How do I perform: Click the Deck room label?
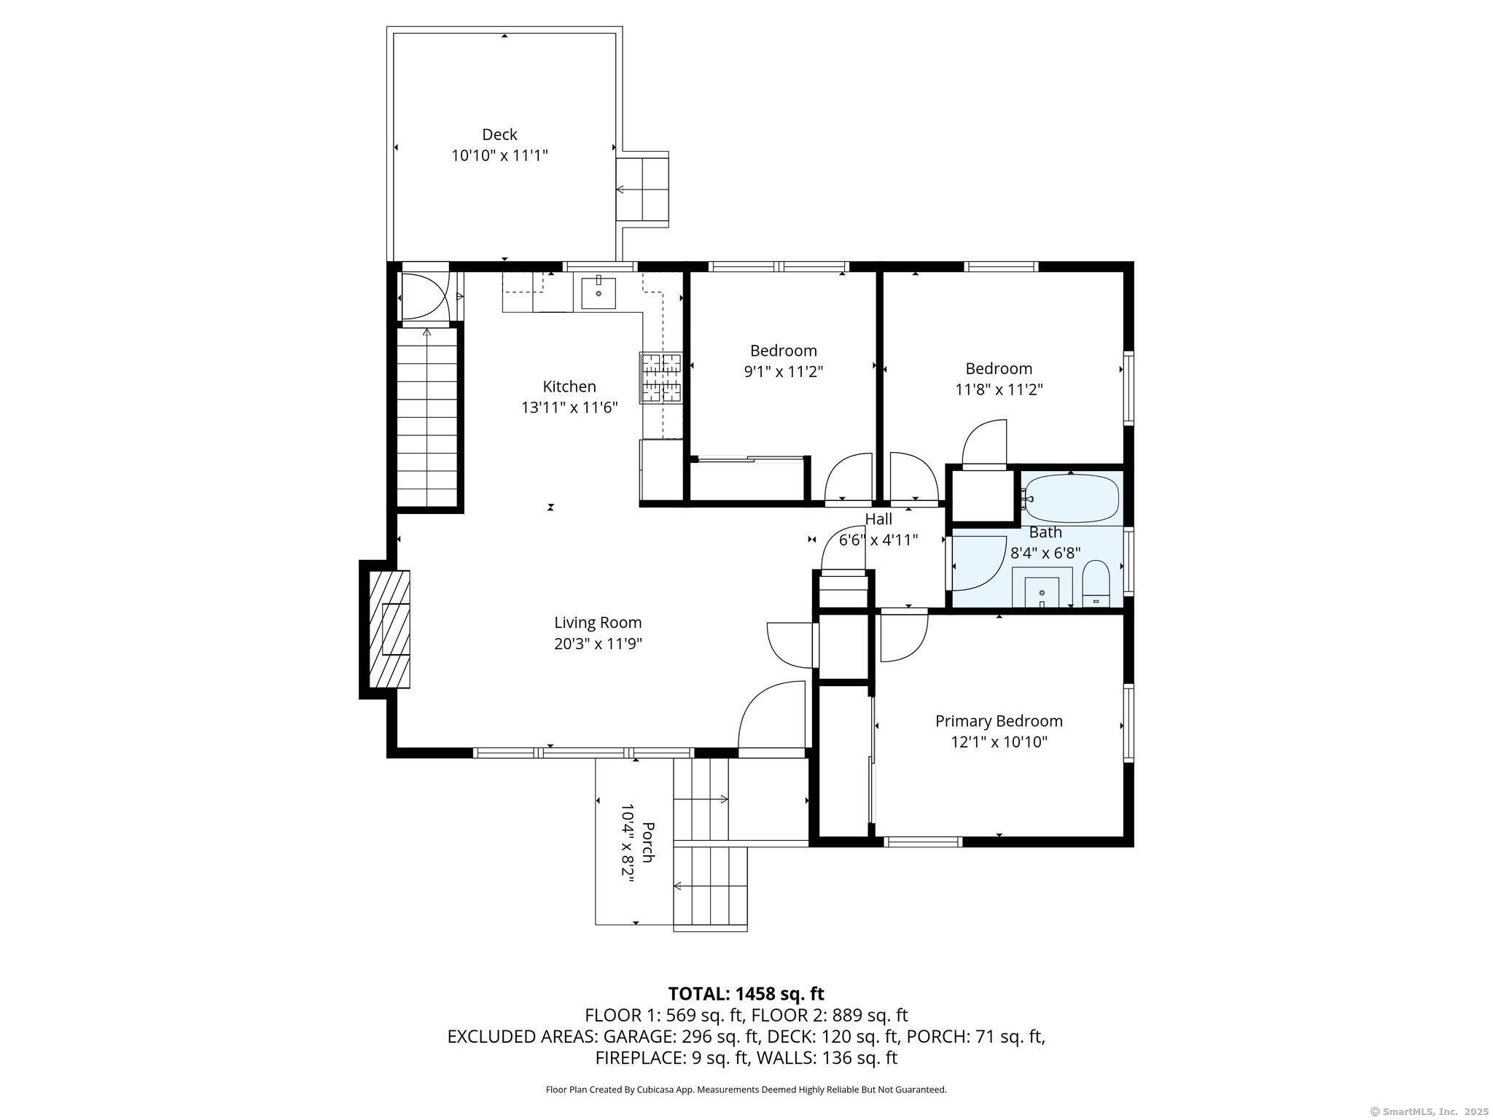click(x=499, y=134)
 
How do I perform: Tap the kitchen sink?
click(x=599, y=293)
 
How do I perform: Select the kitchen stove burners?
click(x=660, y=378)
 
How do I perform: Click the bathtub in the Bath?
click(x=1072, y=498)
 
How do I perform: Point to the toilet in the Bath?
click(x=1096, y=584)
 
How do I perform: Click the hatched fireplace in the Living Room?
click(x=390, y=629)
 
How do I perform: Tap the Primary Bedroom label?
click(x=999, y=721)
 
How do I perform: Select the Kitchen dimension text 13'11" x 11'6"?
click(x=569, y=408)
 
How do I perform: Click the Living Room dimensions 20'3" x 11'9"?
click(x=598, y=644)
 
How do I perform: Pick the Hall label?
click(x=878, y=519)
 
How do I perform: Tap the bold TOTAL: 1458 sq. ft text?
click(x=746, y=994)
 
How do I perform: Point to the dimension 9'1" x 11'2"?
click(x=784, y=372)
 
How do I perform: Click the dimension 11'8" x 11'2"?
click(x=999, y=389)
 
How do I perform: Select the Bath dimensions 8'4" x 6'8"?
click(x=1045, y=553)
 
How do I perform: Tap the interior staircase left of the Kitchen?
click(x=426, y=417)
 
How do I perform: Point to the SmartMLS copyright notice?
click(x=1428, y=1111)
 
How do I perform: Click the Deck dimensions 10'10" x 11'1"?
click(x=499, y=155)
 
